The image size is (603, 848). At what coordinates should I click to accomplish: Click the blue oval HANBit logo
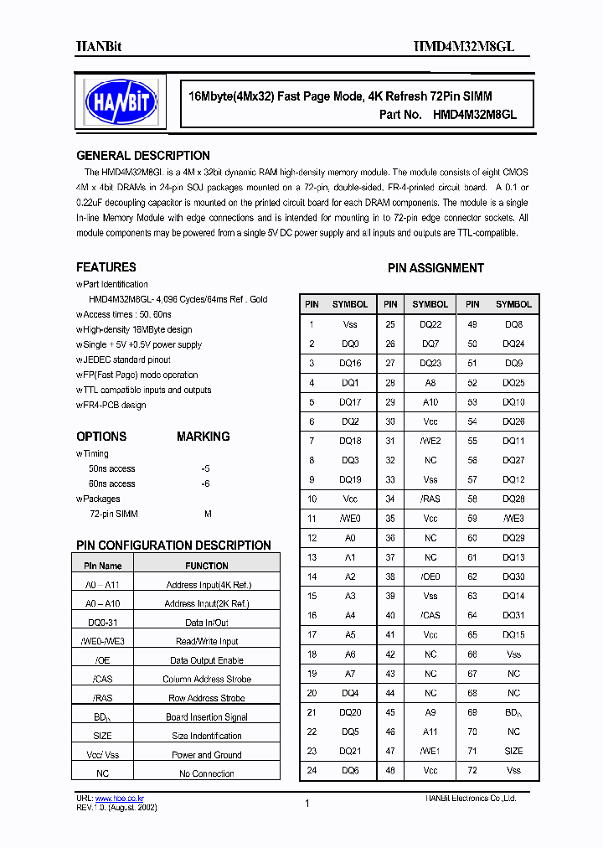[122, 104]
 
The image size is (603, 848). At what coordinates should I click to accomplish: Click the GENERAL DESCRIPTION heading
[143, 156]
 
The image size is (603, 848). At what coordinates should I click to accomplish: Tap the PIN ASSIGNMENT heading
[435, 268]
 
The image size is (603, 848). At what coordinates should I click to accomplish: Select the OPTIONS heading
[101, 437]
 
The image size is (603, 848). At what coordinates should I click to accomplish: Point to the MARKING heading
[203, 437]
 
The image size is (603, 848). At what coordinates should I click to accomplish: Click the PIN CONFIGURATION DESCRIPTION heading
[173, 546]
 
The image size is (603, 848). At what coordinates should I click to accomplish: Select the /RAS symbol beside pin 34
[430, 499]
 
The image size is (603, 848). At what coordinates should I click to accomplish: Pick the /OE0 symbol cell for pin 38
[430, 577]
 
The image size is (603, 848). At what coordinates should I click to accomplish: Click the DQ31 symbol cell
[513, 615]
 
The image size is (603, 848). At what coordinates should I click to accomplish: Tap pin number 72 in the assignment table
[472, 770]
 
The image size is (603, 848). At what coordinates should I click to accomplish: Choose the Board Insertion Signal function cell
[206, 717]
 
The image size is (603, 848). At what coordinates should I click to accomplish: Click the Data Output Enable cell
[206, 660]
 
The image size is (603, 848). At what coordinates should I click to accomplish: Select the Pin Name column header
[103, 566]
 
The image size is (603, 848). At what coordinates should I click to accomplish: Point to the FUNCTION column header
[206, 566]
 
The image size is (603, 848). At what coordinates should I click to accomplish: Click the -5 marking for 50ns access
[205, 468]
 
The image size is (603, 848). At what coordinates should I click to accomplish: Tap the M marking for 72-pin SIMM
[208, 514]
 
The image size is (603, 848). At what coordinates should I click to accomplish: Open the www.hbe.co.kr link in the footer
[113, 799]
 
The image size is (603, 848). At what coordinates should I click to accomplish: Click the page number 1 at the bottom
[307, 804]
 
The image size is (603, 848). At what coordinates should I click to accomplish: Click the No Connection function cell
[206, 773]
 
